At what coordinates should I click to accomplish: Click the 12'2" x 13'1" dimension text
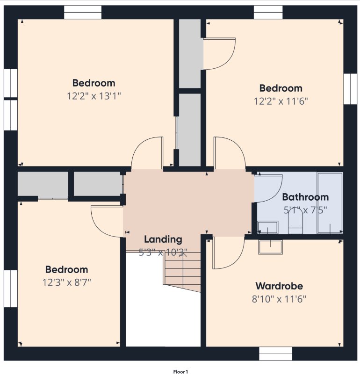(x=94, y=96)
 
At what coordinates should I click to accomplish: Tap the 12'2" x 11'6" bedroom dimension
(x=281, y=101)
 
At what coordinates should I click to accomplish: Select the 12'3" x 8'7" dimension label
(x=67, y=282)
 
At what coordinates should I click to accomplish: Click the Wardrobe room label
(x=279, y=286)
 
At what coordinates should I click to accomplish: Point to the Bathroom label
(x=305, y=197)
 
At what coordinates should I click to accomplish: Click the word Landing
(x=163, y=239)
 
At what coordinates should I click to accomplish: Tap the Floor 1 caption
(x=180, y=372)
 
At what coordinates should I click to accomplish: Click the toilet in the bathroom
(x=295, y=221)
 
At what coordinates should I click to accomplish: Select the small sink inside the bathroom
(x=268, y=227)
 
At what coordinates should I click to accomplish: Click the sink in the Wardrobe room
(x=270, y=247)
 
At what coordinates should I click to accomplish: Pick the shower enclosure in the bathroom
(x=330, y=202)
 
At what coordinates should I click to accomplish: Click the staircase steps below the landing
(x=182, y=272)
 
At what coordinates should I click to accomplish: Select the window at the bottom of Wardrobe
(x=276, y=354)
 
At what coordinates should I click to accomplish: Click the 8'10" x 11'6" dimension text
(x=279, y=299)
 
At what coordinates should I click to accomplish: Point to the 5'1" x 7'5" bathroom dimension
(x=305, y=210)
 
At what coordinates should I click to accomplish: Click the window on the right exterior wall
(x=350, y=89)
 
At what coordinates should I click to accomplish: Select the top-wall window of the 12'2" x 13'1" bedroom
(x=83, y=12)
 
